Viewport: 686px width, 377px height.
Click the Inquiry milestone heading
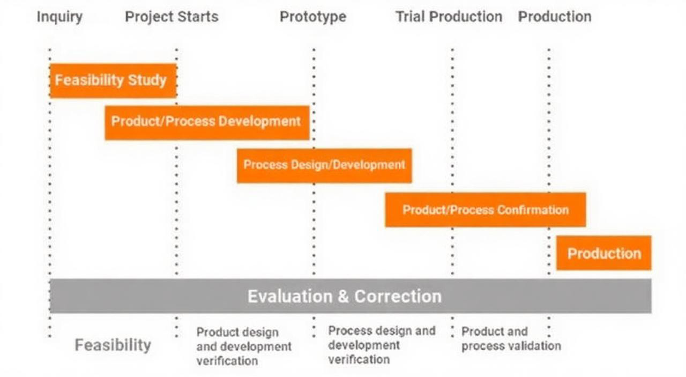(59, 17)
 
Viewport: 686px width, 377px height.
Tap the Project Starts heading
(172, 17)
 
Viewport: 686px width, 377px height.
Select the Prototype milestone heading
(313, 17)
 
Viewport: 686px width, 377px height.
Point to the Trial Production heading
(449, 17)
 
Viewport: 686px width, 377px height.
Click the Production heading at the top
(555, 17)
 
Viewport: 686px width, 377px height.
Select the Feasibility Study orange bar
(113, 81)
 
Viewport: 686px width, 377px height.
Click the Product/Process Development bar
(207, 123)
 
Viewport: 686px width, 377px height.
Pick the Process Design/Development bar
(324, 165)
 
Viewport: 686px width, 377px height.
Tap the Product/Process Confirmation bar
(486, 209)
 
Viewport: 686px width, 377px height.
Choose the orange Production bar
(604, 253)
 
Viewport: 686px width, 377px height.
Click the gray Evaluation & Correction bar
(351, 296)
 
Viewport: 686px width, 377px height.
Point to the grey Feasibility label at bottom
(113, 345)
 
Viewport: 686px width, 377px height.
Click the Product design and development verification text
(244, 346)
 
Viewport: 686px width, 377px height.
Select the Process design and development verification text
(382, 345)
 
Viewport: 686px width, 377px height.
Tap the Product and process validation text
(511, 339)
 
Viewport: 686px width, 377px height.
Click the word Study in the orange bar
(147, 80)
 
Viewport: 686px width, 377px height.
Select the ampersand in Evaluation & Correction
(343, 296)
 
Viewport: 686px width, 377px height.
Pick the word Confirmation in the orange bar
(533, 210)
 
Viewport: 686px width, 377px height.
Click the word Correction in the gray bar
(398, 296)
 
